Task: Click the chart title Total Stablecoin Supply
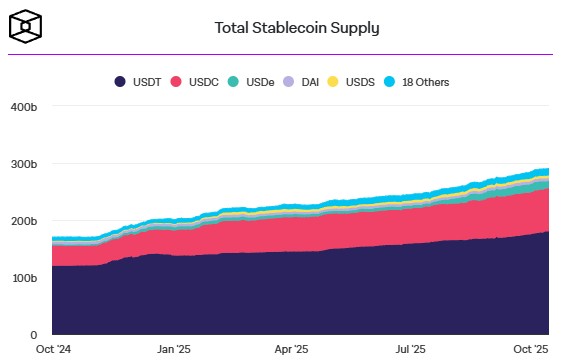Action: click(297, 27)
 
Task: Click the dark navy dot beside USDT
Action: click(120, 81)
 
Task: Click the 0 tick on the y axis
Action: click(32, 334)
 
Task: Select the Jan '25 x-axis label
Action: click(174, 350)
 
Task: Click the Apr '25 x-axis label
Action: click(292, 350)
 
